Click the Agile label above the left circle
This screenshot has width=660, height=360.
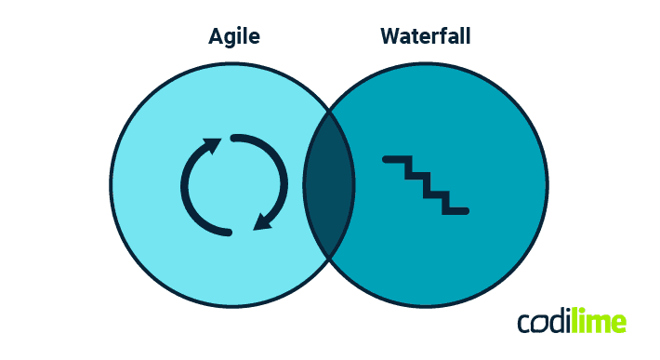click(x=233, y=37)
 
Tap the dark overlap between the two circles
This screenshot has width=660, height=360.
click(x=329, y=183)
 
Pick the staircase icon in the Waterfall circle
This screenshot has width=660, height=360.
click(x=426, y=184)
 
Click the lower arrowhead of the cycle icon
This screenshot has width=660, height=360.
click(x=264, y=221)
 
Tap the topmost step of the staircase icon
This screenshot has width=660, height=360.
click(x=395, y=161)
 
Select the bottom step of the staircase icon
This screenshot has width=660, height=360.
click(x=455, y=210)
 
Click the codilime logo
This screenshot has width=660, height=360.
click(x=572, y=322)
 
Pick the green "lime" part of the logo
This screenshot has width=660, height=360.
click(x=600, y=322)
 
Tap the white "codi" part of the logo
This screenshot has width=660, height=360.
click(x=545, y=322)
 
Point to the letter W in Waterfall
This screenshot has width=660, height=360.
click(x=390, y=36)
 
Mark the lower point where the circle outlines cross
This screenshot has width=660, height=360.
click(x=329, y=257)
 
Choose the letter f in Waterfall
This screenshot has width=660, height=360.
click(x=453, y=36)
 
